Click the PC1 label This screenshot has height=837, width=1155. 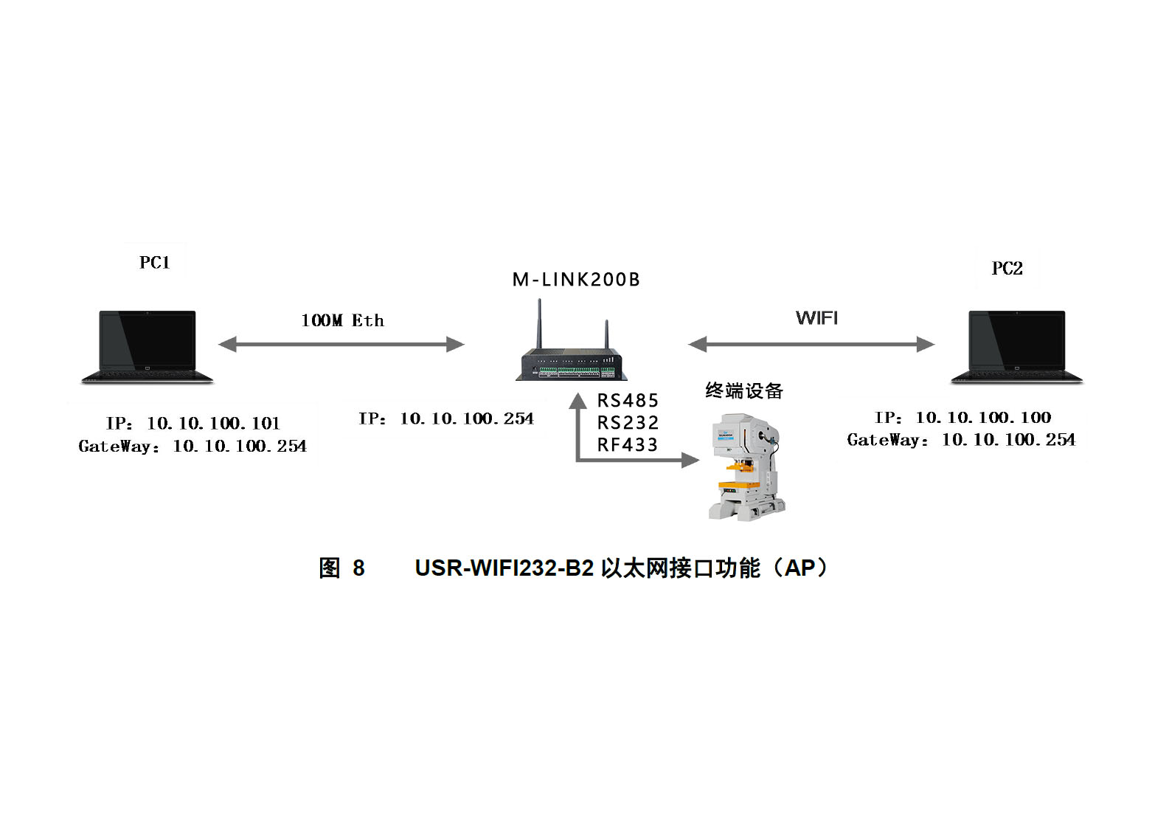(x=155, y=263)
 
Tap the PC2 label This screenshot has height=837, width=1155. (x=1007, y=269)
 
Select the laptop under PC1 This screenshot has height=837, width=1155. (x=148, y=346)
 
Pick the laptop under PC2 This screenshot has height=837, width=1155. (x=1016, y=346)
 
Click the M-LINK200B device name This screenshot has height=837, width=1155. (x=576, y=280)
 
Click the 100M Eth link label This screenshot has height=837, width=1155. (x=342, y=320)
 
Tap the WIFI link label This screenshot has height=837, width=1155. (x=816, y=318)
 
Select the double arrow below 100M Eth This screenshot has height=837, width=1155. (x=341, y=344)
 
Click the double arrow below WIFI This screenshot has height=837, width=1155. (x=811, y=344)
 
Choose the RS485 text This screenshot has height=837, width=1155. (x=628, y=401)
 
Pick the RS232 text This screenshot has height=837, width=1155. (x=628, y=423)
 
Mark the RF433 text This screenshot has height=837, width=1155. (x=628, y=445)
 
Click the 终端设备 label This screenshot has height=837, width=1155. (x=743, y=391)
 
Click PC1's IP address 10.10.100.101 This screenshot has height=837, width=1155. (x=213, y=424)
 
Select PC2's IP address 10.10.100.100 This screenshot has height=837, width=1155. (x=982, y=418)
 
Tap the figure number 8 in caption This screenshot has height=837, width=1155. (x=358, y=568)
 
